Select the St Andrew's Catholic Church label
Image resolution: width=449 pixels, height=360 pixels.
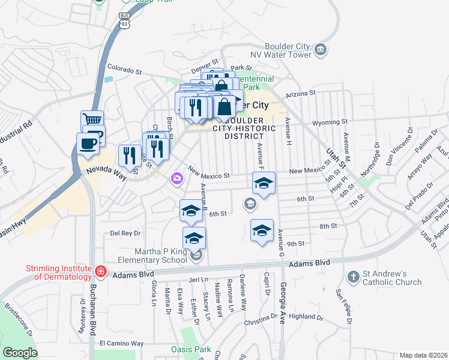tap(392, 278)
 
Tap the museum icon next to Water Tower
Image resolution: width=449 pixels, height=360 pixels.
tap(321, 48)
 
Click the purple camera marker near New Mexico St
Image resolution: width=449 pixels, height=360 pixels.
tap(176, 178)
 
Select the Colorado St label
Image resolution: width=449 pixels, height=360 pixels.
tap(124, 70)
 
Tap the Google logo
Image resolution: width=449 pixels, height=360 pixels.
tap(19, 352)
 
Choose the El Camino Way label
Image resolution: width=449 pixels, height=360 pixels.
tap(121, 344)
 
